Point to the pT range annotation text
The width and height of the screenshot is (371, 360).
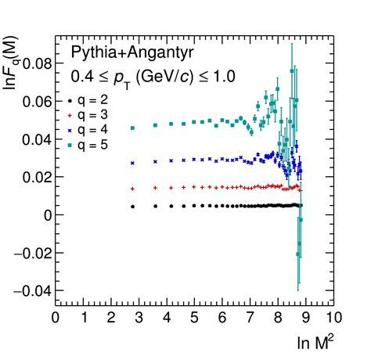pyautogui.click(x=153, y=77)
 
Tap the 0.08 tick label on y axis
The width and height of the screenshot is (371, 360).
pyautogui.click(x=35, y=63)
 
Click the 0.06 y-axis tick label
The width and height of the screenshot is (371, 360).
pyautogui.click(x=35, y=102)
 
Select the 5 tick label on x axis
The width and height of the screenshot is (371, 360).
pyautogui.click(x=194, y=317)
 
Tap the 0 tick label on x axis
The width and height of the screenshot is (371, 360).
pyautogui.click(x=55, y=317)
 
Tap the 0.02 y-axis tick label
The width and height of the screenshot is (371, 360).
pyautogui.click(x=35, y=177)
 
